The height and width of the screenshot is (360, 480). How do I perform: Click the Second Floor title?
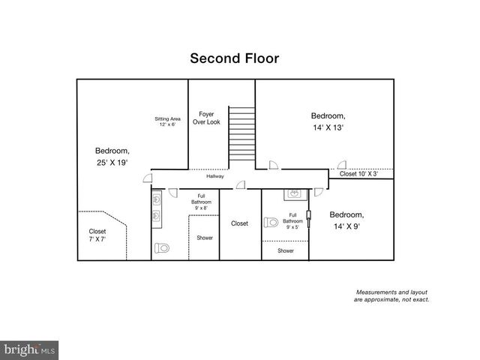pos(234,58)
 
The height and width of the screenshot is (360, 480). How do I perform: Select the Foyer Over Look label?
pos(206,118)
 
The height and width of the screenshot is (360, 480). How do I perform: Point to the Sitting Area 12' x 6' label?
pos(168,121)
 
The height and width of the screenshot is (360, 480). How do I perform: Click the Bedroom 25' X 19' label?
pos(112,156)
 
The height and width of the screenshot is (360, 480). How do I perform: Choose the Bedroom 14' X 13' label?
pos(328,121)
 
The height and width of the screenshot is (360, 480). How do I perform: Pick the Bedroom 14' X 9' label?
pos(346,219)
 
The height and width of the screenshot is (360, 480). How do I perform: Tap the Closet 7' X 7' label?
pos(97,235)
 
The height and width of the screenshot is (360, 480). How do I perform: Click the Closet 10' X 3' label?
pos(358,174)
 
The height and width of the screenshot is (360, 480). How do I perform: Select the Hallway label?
pos(216,176)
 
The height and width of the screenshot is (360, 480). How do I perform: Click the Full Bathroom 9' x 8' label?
pos(201,202)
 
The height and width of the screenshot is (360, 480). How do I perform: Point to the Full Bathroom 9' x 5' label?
pos(292,221)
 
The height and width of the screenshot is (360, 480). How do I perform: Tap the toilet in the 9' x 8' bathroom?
pos(163,247)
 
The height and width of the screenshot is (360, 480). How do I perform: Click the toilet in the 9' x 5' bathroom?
pos(271,222)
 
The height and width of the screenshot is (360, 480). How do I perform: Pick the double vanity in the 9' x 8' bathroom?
pos(157,208)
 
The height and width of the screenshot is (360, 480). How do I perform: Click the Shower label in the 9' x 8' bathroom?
pos(205,238)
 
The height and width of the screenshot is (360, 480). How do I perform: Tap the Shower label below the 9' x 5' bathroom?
pos(286,250)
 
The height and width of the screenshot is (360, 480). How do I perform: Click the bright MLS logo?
pos(29,350)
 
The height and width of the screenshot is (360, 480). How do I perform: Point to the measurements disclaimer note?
pos(391,295)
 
